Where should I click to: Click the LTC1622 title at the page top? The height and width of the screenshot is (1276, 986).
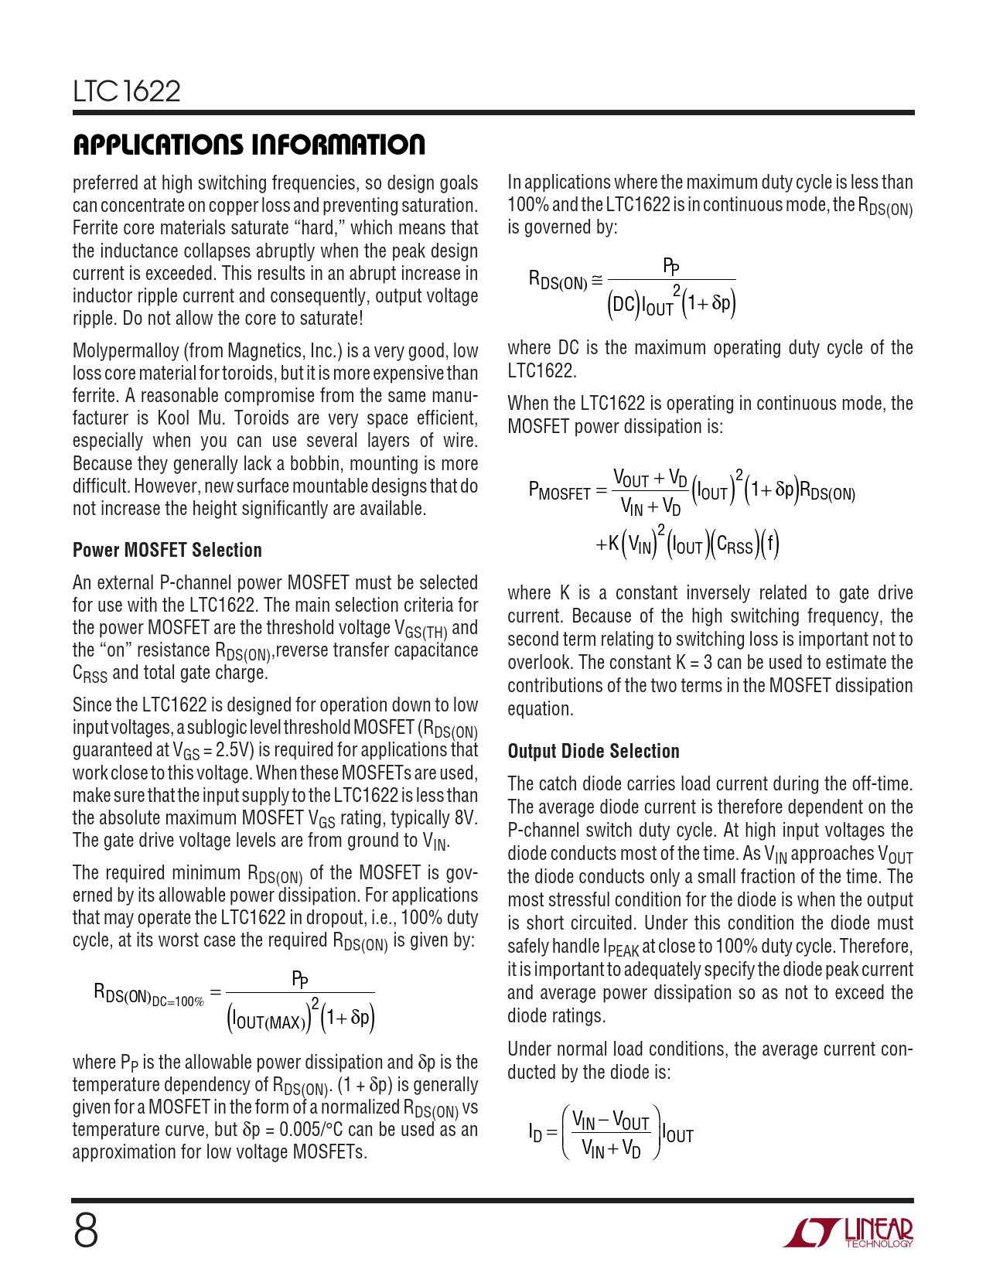(x=127, y=91)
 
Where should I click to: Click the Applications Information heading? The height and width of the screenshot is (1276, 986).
(x=248, y=145)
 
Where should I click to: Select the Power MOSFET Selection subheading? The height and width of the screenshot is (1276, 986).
(x=167, y=550)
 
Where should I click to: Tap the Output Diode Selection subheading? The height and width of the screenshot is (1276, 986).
(x=593, y=751)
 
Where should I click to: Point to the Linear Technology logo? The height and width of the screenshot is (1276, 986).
(x=848, y=1233)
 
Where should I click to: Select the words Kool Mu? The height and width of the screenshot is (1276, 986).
(x=186, y=418)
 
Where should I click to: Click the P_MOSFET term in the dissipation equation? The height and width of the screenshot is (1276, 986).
(x=558, y=490)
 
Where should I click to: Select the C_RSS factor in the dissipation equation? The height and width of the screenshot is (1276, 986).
(x=734, y=546)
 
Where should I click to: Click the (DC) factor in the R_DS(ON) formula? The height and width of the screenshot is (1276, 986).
(x=623, y=304)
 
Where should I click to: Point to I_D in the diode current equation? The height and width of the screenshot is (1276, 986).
(x=535, y=1134)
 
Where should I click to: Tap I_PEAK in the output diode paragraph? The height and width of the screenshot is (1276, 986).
(x=621, y=947)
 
